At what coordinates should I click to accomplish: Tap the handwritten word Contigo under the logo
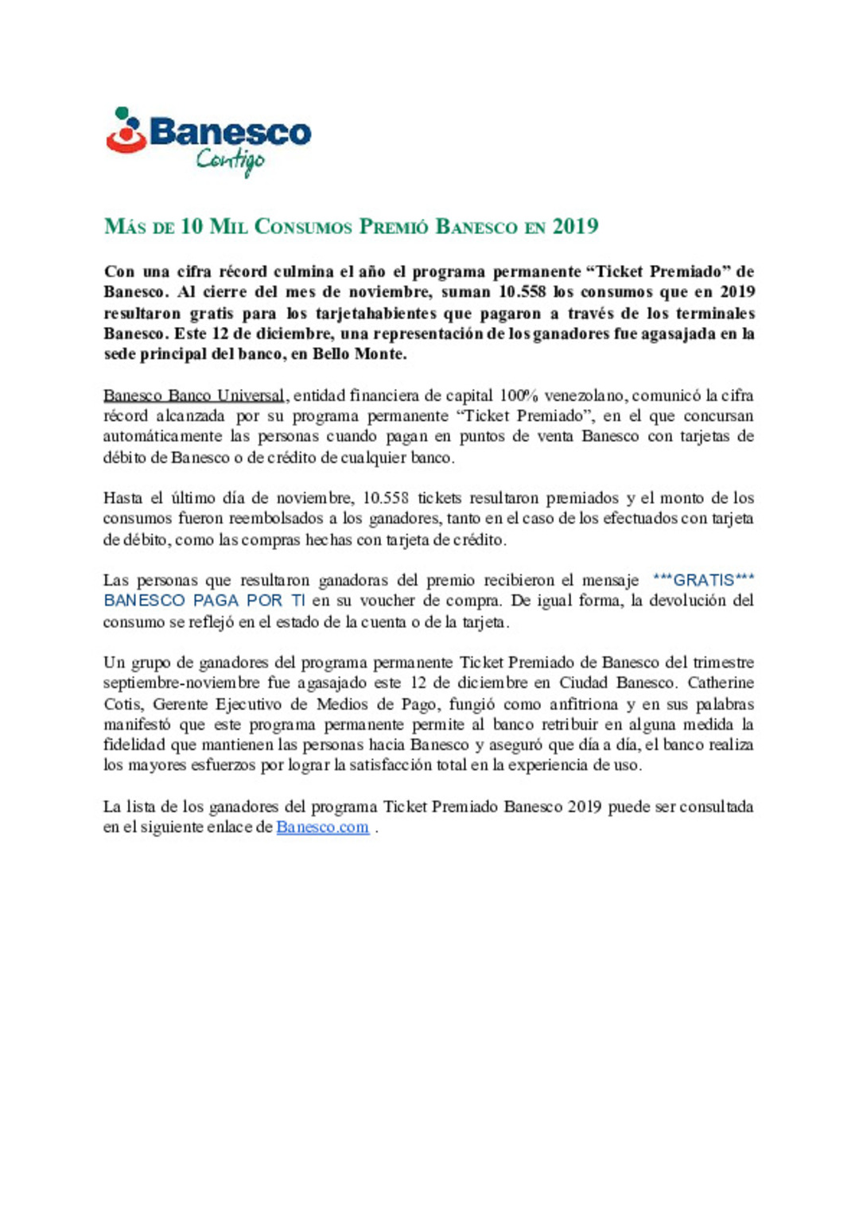click(x=230, y=160)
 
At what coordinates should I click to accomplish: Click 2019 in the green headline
click(x=575, y=227)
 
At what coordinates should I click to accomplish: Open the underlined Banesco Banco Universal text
click(x=194, y=396)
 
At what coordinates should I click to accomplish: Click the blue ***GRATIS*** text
click(x=703, y=580)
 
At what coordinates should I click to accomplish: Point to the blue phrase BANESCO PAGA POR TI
click(x=204, y=601)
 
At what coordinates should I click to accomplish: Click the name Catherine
click(x=721, y=683)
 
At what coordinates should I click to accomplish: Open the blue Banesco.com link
click(x=322, y=827)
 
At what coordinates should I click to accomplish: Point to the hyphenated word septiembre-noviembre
click(x=181, y=683)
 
